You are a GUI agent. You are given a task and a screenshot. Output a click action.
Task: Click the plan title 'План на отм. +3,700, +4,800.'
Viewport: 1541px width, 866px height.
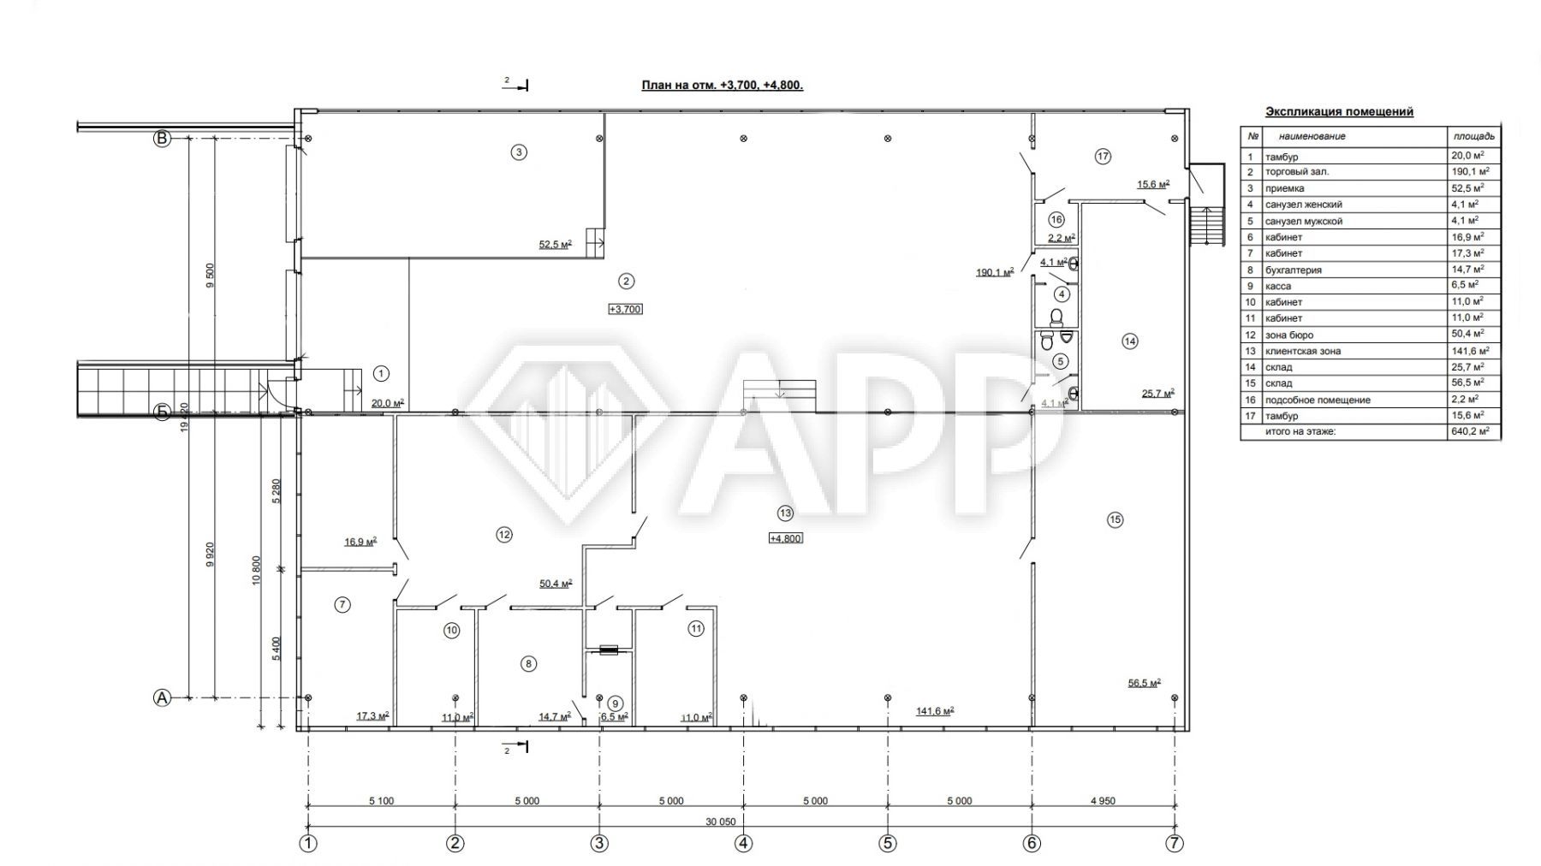[723, 86]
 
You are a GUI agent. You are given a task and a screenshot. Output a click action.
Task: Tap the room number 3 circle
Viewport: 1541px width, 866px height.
[518, 152]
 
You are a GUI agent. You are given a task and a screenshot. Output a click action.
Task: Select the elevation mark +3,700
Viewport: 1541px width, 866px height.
[625, 309]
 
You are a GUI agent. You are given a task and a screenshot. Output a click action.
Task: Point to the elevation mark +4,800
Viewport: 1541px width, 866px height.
[786, 538]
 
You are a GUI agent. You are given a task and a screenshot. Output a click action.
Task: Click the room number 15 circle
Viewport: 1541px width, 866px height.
[1115, 519]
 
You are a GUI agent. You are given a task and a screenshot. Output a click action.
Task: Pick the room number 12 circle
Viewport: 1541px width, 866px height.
[503, 534]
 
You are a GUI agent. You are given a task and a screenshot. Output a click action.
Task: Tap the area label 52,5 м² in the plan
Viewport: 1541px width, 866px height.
[556, 245]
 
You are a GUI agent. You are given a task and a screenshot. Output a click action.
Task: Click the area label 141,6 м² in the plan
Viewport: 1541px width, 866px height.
[935, 711]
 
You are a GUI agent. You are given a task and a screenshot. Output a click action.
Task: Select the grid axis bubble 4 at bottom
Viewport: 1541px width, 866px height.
[743, 843]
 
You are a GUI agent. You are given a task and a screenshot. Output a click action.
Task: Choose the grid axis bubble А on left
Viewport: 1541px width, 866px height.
[162, 698]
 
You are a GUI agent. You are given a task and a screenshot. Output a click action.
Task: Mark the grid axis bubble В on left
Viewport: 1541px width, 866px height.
[162, 138]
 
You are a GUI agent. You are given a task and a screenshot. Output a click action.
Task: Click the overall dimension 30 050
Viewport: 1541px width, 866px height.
[721, 822]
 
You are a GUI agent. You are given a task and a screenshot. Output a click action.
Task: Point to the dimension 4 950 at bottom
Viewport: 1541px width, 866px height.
[1103, 801]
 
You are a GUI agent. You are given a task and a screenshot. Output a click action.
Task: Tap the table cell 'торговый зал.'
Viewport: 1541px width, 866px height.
[1297, 172]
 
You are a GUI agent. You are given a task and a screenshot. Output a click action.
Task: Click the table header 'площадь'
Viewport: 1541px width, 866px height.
[1473, 136]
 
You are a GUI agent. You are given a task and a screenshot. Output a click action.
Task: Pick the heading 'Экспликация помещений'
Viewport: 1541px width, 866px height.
[1339, 112]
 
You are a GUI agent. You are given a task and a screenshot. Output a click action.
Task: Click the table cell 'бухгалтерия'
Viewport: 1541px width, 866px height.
[1293, 270]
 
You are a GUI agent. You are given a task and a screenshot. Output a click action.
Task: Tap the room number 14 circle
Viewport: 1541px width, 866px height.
[1130, 341]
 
